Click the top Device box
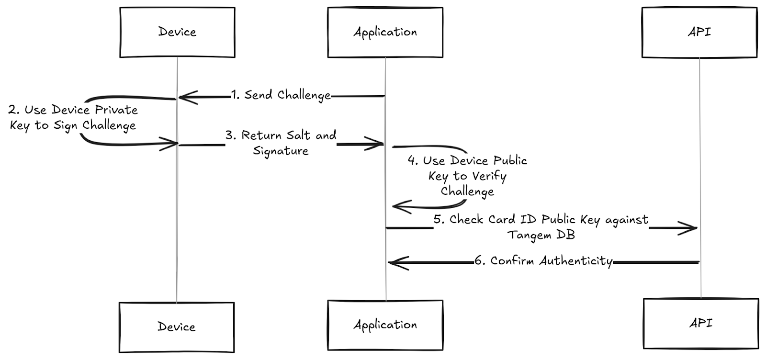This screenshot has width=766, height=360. (x=177, y=32)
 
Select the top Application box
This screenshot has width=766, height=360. (x=385, y=32)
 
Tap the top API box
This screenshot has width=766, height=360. (x=699, y=32)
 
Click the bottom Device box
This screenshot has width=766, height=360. (x=177, y=327)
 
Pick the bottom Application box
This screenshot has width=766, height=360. (x=385, y=325)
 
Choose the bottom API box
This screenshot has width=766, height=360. (x=700, y=323)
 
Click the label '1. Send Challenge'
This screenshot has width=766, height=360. (x=281, y=95)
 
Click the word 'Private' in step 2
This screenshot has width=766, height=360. (x=116, y=110)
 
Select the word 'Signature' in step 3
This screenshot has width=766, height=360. (x=281, y=151)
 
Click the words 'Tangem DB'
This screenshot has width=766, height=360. (x=541, y=235)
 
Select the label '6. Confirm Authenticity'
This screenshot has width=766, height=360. (x=543, y=261)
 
